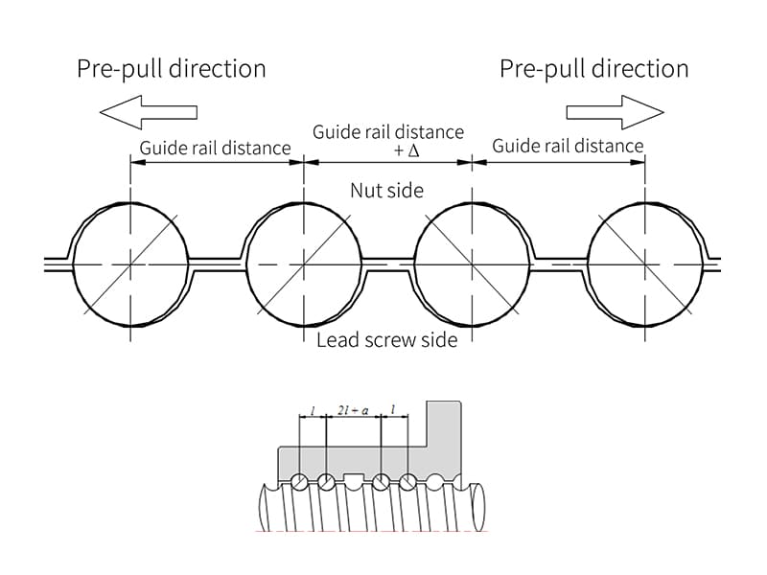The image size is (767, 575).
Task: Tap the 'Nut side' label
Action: (x=386, y=191)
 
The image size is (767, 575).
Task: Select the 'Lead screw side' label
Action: (x=386, y=340)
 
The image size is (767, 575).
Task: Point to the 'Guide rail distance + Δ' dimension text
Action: (x=388, y=141)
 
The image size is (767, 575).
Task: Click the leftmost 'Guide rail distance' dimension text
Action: (x=215, y=148)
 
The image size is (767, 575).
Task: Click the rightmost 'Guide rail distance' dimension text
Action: (x=568, y=146)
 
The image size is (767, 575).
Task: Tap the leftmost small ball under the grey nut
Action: (x=300, y=481)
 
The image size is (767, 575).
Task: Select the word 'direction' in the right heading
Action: (x=642, y=69)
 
